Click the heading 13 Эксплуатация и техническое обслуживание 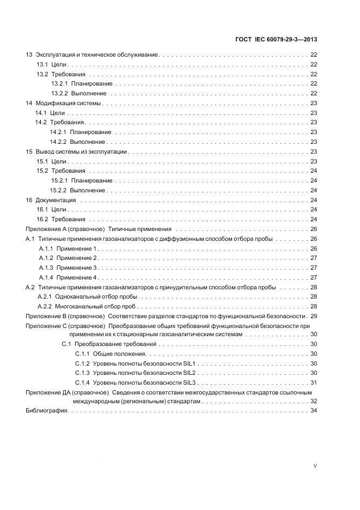click(92, 55)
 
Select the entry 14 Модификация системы click(64, 103)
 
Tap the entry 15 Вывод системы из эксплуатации click(76, 151)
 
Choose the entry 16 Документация click(51, 200)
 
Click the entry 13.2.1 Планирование click(82, 84)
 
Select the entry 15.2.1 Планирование click(82, 180)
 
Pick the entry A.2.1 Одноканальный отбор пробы click(87, 296)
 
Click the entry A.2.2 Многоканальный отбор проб click(87, 306)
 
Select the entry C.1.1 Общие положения click(111, 354)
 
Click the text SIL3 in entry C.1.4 click(189, 383)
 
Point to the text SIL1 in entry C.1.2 click(189, 363)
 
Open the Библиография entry click(47, 411)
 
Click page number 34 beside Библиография click(314, 411)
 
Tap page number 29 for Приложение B click(314, 316)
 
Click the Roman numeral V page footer click(315, 466)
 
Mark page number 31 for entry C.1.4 click(314, 383)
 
